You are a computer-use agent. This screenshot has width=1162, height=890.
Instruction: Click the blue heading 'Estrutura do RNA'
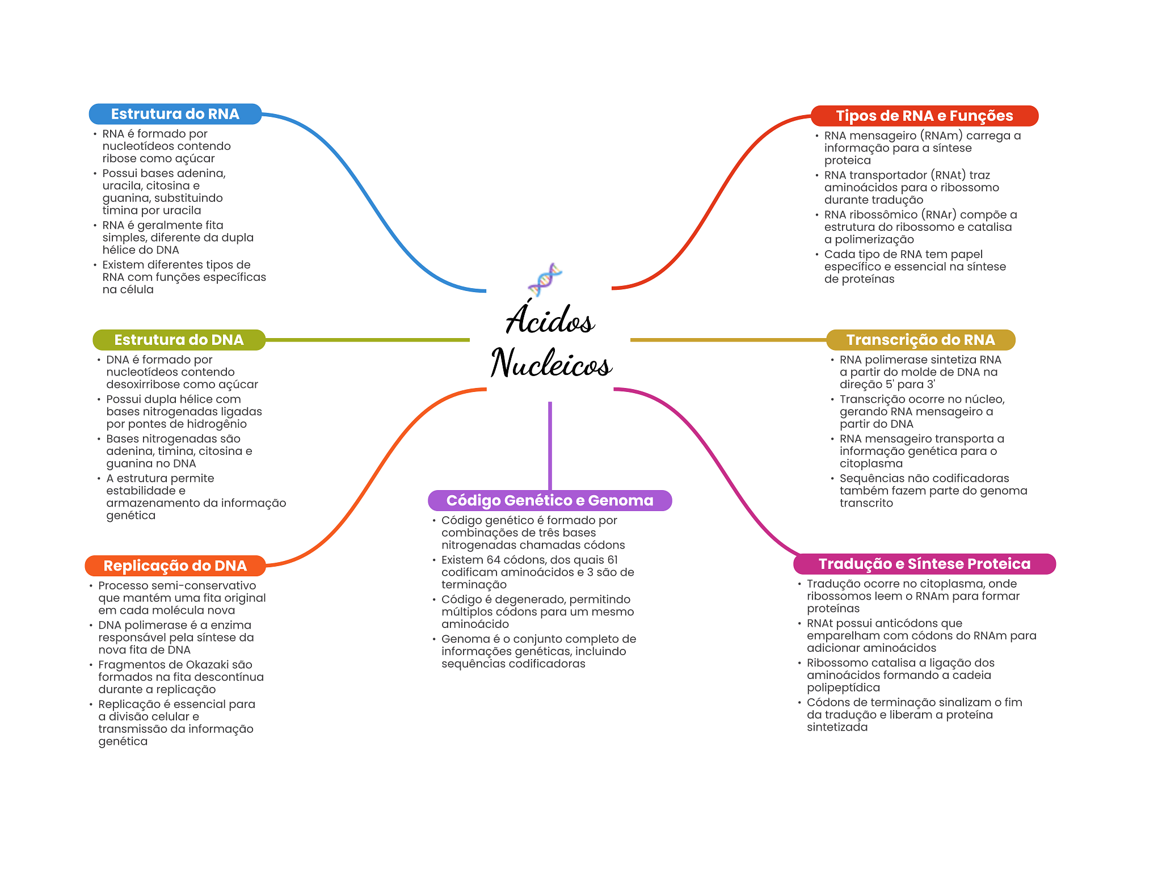tap(175, 114)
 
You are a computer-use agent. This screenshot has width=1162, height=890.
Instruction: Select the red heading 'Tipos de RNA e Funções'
tap(924, 116)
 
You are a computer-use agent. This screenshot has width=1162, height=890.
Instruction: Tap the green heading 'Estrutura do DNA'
tap(179, 340)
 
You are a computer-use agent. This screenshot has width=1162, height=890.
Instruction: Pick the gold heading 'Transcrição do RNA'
tap(920, 340)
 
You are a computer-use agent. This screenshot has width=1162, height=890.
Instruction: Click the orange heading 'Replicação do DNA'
tap(175, 566)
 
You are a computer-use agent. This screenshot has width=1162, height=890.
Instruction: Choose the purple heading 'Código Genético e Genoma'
tap(550, 500)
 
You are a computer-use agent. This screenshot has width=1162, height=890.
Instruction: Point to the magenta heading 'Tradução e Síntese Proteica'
tap(924, 564)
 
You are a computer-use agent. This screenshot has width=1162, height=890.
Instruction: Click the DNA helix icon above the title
tap(545, 279)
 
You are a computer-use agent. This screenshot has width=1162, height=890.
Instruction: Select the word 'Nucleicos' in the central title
tap(551, 362)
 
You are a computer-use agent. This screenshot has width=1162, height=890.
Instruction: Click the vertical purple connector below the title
tap(550, 446)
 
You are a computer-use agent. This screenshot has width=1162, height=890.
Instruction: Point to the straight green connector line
tap(368, 340)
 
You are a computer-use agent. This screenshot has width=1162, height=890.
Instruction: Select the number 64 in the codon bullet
tap(494, 560)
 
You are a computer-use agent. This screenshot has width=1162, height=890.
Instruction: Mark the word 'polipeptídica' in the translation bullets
tap(843, 687)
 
